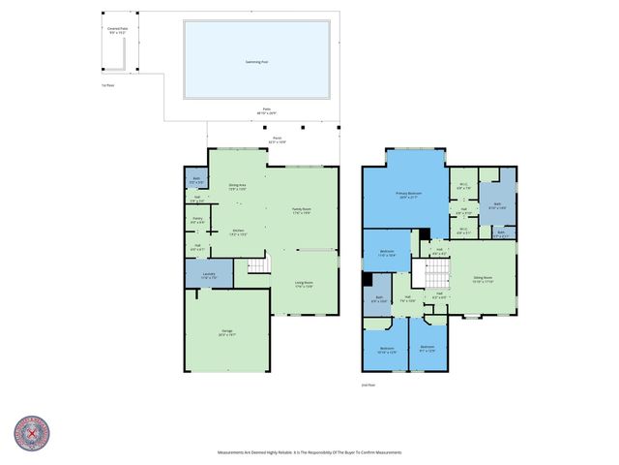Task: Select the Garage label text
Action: tap(227, 332)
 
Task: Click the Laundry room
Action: tap(209, 275)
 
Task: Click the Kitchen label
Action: tap(237, 232)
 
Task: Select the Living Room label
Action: tap(304, 285)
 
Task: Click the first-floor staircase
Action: tap(257, 265)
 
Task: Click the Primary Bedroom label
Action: tap(408, 195)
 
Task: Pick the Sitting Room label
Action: tap(484, 280)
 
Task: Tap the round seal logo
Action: tap(32, 434)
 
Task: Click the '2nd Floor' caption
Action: tap(367, 385)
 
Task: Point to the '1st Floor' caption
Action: tap(107, 85)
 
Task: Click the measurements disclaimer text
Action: tap(309, 452)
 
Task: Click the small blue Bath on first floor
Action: tap(196, 179)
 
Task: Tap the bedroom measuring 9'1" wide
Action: tap(427, 349)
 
